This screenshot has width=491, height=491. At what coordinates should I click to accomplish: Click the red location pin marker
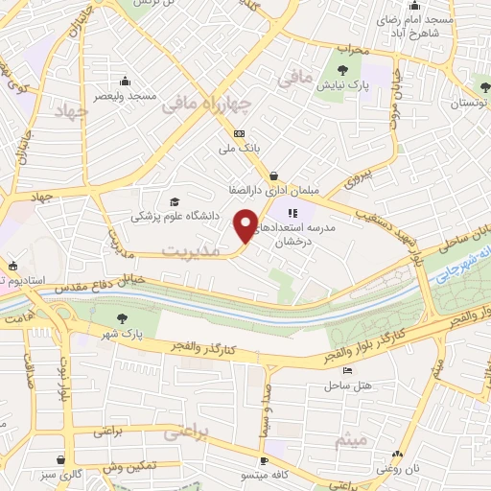point(245,226)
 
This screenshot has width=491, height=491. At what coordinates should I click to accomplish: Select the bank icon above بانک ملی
point(239,133)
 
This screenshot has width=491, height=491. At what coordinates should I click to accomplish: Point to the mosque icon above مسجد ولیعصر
point(125,80)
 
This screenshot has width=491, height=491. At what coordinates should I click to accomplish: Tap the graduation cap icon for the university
point(174,201)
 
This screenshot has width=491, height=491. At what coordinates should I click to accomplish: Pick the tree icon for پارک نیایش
point(343,68)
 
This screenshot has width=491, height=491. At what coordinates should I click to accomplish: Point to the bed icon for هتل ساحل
point(347,371)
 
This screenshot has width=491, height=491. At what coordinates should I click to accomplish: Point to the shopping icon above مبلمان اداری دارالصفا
point(275,175)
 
